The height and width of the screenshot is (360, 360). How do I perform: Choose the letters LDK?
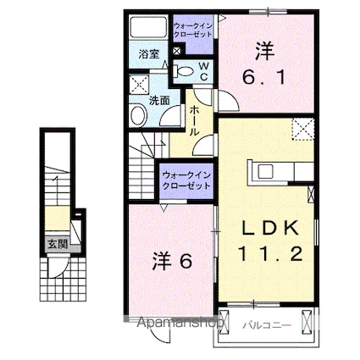264,228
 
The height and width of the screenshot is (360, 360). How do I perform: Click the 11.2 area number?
264,254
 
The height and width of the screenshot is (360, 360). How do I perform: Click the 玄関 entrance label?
56,246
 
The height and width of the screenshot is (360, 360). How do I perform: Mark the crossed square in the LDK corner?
303,129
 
